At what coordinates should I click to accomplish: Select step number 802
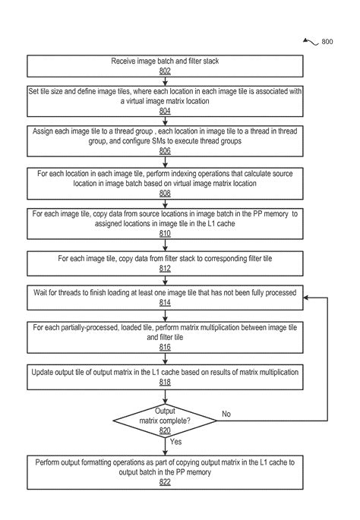click(165, 71)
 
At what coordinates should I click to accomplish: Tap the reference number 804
click(165, 111)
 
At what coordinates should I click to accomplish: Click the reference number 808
click(165, 194)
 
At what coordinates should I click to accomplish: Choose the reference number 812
click(165, 268)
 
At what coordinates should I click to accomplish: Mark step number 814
click(165, 303)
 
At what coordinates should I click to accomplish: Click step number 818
click(165, 383)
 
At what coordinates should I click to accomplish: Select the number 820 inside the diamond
click(165, 430)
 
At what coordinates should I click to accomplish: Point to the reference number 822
click(165, 482)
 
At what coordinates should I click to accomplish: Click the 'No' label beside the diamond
click(226, 414)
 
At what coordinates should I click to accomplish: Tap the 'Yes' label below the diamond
click(175, 441)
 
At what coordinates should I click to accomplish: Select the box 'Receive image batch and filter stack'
click(165, 65)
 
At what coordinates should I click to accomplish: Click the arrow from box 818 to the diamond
click(165, 396)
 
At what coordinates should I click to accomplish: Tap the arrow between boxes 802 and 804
click(165, 81)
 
